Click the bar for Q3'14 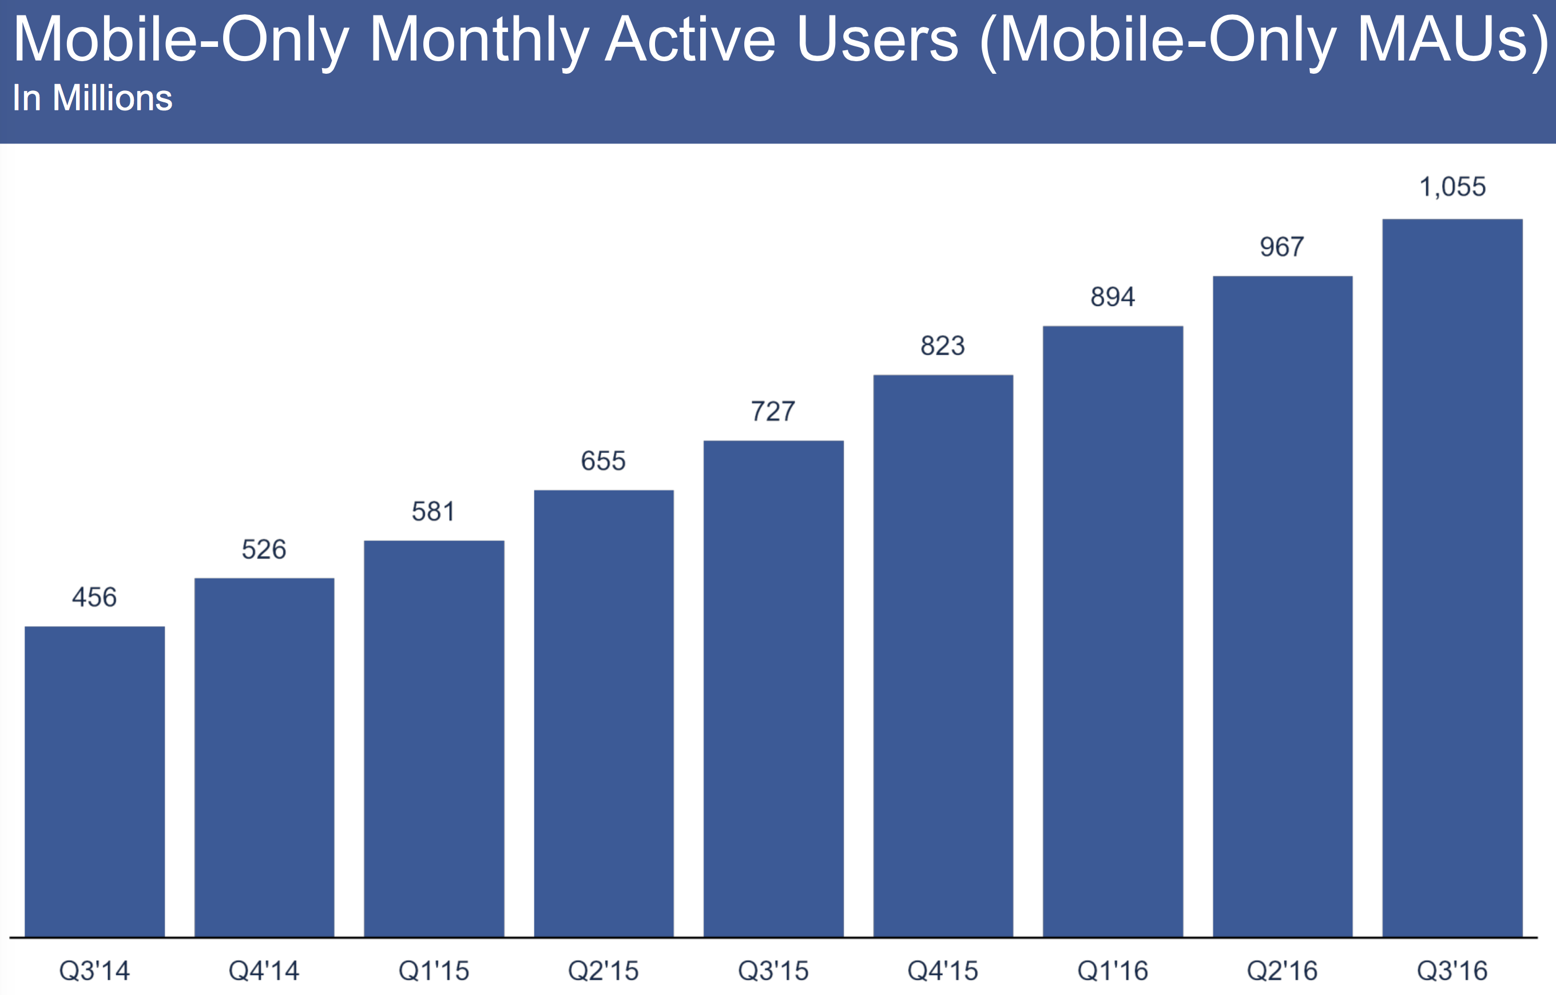coord(94,781)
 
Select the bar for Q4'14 coord(264,757)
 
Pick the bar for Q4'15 coord(943,656)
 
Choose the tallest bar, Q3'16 coord(1452,578)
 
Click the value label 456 coord(94,598)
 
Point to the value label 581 coord(434,512)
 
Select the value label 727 coord(773,412)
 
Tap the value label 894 coord(1113,297)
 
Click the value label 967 coord(1282,247)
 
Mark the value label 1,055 coord(1452,188)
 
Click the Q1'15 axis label coord(434,971)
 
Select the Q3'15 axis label coord(773,971)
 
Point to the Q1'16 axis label coord(1113,971)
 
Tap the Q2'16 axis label coord(1282,971)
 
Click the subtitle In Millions coord(93,98)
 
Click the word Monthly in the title coord(479,40)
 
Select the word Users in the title coord(877,40)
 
